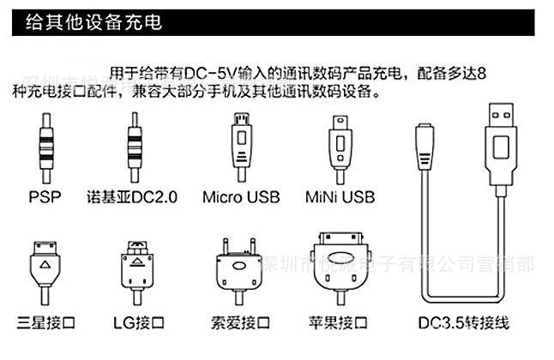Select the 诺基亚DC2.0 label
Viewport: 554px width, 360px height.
tap(132, 197)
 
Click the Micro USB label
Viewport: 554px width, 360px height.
tap(241, 197)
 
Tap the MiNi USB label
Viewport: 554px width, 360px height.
tap(340, 197)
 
